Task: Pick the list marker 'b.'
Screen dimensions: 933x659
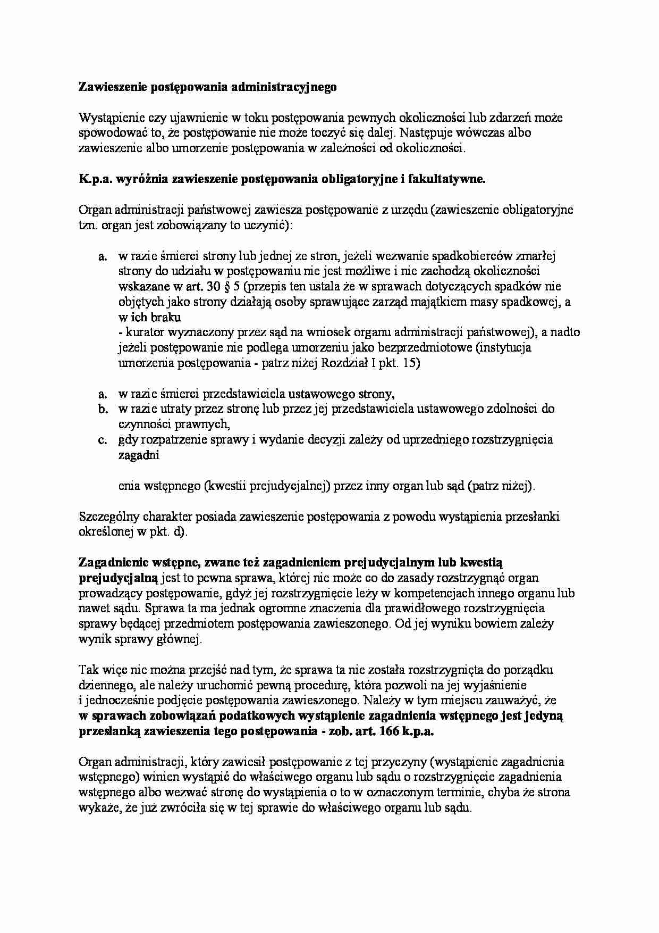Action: coord(103,409)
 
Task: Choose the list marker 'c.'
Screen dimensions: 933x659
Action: coord(103,440)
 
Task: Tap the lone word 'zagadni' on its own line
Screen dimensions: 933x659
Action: coord(138,455)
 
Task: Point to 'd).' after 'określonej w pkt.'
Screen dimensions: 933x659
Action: coord(180,531)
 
